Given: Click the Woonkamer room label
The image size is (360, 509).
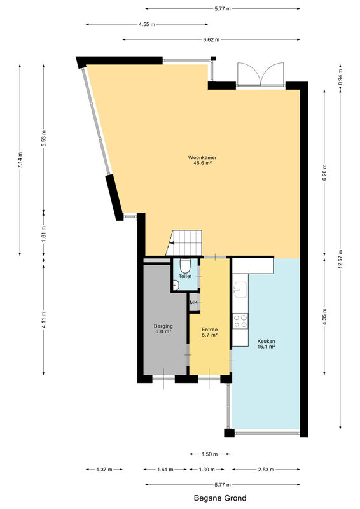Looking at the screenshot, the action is point(202,158).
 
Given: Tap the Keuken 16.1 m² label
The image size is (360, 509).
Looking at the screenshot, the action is point(267,344).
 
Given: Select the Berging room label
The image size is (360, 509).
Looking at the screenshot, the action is point(163,326).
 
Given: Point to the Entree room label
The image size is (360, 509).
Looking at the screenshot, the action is point(210,330).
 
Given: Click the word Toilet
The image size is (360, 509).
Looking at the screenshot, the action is point(185,277).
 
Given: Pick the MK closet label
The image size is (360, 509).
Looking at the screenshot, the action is point(193,303).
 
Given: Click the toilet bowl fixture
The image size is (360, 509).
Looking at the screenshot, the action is point(185,265).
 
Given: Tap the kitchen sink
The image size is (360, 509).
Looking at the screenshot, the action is point(240,290).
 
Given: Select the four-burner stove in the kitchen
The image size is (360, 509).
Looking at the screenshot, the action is point(240,321).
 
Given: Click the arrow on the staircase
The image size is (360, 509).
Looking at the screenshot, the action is point(171,242).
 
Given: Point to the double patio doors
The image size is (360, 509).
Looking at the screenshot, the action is point(261,74).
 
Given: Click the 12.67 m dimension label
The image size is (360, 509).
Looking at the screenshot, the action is point(340,259).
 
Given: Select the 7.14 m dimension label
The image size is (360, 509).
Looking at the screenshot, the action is point(20,160).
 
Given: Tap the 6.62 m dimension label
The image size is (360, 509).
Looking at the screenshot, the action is point(211,39).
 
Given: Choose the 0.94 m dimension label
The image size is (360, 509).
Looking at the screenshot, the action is point(340,77).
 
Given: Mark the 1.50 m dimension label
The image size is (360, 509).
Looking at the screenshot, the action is point(210,454).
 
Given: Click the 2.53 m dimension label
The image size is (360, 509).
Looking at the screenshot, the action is point(266,470).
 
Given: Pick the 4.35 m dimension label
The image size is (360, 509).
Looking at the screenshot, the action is point(324,316).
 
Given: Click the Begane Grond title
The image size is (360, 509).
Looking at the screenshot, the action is point(220,498).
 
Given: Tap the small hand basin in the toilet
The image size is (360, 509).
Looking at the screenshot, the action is point(176,285).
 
